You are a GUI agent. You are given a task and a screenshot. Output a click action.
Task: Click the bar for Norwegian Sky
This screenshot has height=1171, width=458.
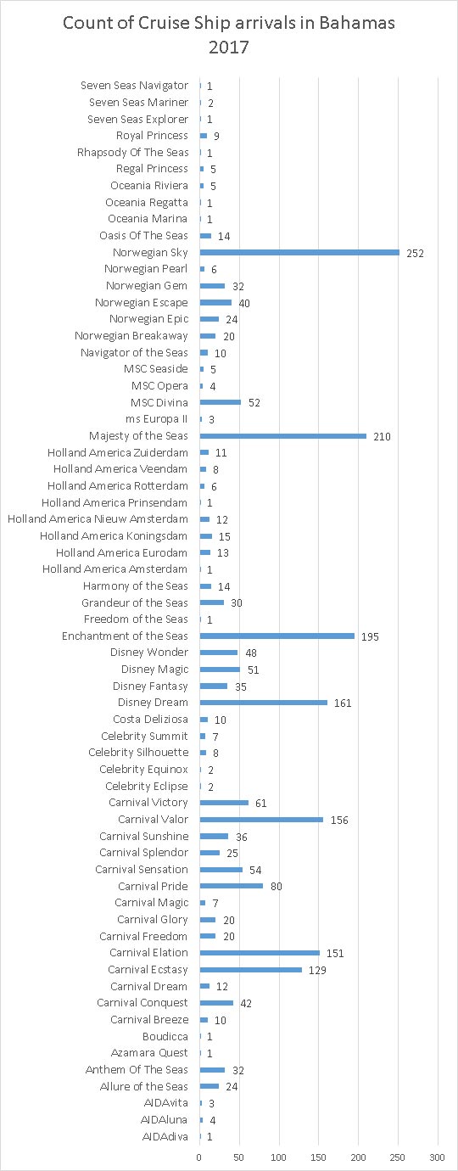[x=299, y=253]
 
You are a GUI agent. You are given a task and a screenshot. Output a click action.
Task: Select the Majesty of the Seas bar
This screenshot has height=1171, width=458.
[x=283, y=436]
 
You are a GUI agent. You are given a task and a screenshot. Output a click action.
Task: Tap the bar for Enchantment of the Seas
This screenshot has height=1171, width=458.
[x=277, y=636]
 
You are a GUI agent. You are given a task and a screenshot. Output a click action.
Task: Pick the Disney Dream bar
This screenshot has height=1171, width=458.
[x=264, y=702]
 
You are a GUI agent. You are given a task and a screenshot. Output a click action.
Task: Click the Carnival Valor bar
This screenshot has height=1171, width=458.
[x=261, y=819]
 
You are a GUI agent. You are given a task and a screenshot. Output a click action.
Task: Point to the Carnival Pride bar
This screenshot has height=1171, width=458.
[x=232, y=886]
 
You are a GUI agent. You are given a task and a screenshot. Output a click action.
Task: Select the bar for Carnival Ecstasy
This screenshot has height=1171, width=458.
[x=251, y=969]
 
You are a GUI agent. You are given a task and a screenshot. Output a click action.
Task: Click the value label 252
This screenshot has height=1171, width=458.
[x=416, y=253]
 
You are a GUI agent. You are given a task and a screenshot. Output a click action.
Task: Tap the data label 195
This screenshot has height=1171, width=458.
[x=370, y=636]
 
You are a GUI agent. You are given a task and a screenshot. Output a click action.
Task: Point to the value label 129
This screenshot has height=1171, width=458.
[x=317, y=970]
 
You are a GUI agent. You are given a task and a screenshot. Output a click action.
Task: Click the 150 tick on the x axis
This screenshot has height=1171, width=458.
[x=318, y=1157]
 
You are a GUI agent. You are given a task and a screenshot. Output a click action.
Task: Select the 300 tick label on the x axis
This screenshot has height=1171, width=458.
[x=437, y=1157]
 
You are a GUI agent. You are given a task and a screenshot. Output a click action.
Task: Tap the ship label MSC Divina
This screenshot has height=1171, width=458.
[x=159, y=402]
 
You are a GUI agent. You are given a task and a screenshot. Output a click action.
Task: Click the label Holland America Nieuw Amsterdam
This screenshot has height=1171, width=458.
[x=98, y=519]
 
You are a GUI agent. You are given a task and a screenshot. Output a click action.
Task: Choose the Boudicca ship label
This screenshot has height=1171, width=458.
[x=165, y=1036]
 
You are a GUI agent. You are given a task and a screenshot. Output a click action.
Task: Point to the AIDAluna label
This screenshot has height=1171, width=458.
[x=164, y=1119]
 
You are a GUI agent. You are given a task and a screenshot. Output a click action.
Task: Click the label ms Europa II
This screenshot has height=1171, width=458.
[x=156, y=419]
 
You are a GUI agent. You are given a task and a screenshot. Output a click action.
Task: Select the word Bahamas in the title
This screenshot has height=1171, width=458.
[x=357, y=22]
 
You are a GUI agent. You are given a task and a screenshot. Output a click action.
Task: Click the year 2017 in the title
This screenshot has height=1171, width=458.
[x=229, y=47]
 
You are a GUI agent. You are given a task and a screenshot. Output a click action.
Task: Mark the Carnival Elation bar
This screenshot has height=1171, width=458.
[x=260, y=952]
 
